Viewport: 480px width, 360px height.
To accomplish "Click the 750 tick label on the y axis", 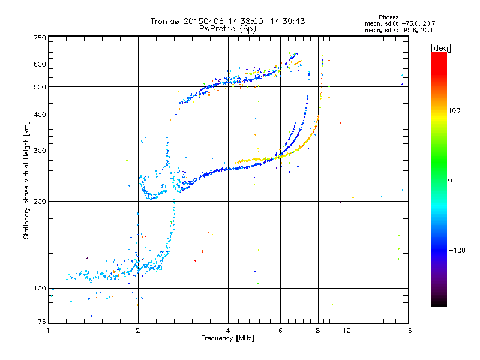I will [40, 37].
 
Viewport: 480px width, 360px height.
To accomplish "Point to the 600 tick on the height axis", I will [40, 64].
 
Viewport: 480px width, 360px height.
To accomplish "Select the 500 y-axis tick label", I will [40, 86].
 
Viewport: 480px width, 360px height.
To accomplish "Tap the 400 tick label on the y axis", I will [40, 115].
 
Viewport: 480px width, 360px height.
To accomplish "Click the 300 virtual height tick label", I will [40, 151].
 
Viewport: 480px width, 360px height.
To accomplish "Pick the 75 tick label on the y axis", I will [41, 322].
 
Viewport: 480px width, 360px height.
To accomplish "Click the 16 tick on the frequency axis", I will [407, 331].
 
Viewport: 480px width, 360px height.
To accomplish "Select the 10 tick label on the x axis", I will [346, 331].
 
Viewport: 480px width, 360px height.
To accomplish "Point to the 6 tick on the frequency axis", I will [280, 331].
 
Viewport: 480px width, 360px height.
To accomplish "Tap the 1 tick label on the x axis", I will [48, 331].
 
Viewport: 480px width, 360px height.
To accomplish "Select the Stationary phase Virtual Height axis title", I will [26, 180].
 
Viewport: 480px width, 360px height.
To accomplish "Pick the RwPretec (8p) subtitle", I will [228, 28].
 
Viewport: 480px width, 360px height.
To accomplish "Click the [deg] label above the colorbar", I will [441, 48].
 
